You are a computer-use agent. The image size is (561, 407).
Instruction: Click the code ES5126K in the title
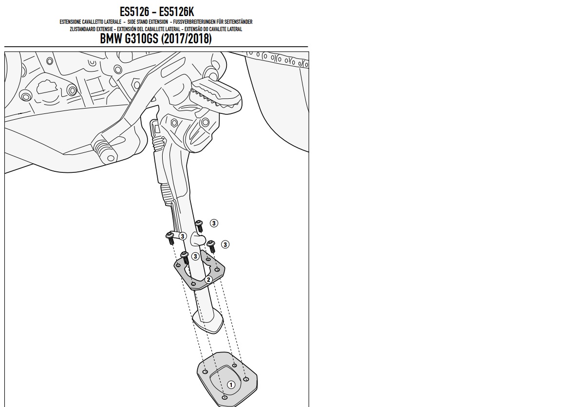click(x=176, y=12)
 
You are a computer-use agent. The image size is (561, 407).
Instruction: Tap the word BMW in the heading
click(x=111, y=38)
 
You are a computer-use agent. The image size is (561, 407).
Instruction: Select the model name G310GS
click(x=141, y=38)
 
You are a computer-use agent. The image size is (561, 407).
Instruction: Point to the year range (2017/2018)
click(x=187, y=38)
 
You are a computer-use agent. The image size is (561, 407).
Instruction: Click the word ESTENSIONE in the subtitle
click(x=70, y=22)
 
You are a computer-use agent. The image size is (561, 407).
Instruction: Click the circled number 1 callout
click(x=231, y=385)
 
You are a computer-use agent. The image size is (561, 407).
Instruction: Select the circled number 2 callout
click(x=208, y=279)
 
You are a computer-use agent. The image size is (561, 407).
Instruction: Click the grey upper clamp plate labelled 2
click(x=199, y=270)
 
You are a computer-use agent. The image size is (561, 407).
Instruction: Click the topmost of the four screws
click(x=199, y=226)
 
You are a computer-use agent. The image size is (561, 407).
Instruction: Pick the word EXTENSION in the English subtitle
click(x=157, y=22)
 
